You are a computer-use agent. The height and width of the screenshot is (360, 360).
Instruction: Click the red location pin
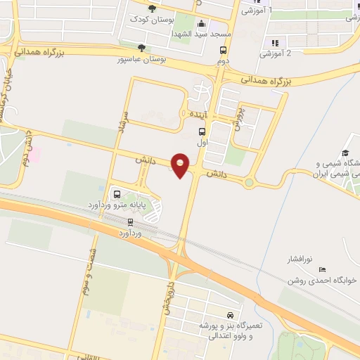click(x=181, y=165)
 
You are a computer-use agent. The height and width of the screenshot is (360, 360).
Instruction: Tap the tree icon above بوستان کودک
click(x=153, y=8)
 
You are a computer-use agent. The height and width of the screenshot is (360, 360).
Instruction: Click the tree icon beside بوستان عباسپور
click(x=143, y=49)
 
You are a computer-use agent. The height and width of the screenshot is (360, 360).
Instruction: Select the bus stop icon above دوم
click(x=223, y=51)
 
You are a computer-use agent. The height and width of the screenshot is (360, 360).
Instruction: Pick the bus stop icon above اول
click(x=202, y=131)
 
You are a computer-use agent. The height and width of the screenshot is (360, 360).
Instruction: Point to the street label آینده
click(x=197, y=113)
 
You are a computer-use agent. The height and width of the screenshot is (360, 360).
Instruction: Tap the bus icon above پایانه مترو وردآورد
click(x=116, y=194)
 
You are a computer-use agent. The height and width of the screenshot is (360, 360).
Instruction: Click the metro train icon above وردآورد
click(x=129, y=221)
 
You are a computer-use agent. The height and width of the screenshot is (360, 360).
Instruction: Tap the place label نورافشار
click(x=302, y=259)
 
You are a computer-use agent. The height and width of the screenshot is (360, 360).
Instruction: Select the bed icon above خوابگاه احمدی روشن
click(x=322, y=269)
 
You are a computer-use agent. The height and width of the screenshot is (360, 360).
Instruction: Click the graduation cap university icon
click(x=345, y=153)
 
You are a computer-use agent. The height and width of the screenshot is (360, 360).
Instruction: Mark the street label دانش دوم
click(x=26, y=148)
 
